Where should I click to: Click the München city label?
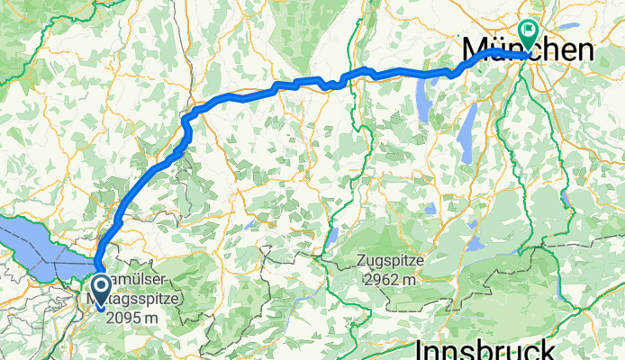(527, 49)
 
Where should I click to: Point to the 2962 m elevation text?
(394, 280)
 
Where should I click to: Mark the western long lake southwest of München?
(424, 100)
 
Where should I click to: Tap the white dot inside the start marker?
(101, 286)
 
